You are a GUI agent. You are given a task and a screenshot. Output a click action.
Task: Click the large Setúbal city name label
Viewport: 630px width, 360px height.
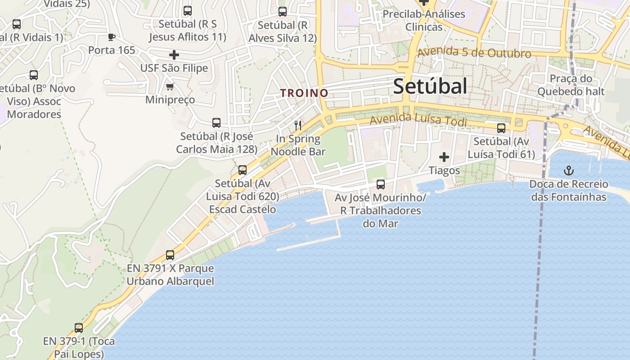[430, 86]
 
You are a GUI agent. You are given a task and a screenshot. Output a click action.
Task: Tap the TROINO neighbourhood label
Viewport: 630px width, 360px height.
[304, 93]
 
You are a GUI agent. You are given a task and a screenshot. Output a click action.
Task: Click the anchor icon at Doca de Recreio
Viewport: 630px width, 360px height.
[569, 171]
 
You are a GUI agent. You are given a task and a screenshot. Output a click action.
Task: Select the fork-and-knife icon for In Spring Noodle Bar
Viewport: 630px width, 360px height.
[297, 125]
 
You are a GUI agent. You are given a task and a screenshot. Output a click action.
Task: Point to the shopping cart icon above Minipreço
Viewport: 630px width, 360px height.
[170, 86]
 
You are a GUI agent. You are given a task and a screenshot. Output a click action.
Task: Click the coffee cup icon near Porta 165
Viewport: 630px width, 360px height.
[112, 37]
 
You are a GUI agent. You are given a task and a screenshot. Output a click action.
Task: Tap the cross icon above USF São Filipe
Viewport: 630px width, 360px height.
[174, 55]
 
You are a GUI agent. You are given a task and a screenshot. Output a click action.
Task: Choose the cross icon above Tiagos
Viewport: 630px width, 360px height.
[444, 157]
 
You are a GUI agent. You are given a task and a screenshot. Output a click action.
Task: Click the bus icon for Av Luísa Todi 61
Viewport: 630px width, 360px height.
[501, 128]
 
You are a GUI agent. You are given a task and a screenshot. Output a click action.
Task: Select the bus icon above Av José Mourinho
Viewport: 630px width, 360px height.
[381, 184]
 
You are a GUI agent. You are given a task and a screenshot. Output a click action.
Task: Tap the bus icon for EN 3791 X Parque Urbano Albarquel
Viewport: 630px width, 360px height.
[170, 255]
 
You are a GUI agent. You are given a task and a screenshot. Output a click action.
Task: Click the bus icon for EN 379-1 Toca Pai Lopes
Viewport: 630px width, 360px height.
[79, 328]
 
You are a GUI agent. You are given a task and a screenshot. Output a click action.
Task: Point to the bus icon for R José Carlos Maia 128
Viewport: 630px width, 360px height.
[216, 123]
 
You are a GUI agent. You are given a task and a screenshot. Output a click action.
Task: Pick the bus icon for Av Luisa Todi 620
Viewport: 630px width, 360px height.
[243, 170]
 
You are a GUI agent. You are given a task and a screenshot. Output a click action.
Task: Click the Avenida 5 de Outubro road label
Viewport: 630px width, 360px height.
[474, 53]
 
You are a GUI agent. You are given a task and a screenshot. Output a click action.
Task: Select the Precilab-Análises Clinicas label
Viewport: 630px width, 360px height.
[423, 20]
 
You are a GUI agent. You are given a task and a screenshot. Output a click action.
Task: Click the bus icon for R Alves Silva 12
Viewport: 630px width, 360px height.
[283, 12]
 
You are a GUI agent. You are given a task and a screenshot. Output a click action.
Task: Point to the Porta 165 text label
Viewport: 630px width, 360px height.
[112, 50]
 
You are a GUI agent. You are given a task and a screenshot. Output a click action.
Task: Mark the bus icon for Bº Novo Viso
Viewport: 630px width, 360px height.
[34, 75]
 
